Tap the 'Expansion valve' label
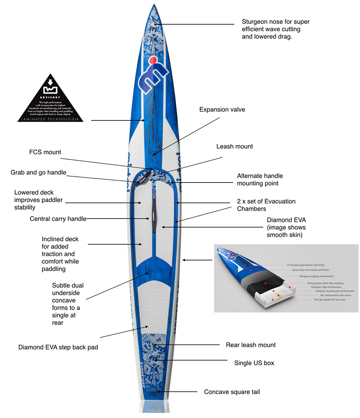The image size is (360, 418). tap(222, 109)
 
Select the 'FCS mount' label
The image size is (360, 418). tap(45, 152)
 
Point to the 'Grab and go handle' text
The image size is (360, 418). tap(38, 173)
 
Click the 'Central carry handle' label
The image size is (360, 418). tap(58, 219)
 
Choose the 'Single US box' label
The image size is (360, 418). tap(254, 363)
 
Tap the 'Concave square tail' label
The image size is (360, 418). tap(232, 392)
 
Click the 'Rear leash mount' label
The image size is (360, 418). tap(250, 345)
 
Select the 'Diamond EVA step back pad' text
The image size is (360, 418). tap(58, 347)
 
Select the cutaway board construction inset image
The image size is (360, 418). tap(286, 278)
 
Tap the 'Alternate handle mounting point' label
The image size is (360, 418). tap(260, 179)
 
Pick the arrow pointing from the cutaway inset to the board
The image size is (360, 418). tap(197, 260)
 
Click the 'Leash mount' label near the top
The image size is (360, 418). tap(235, 146)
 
